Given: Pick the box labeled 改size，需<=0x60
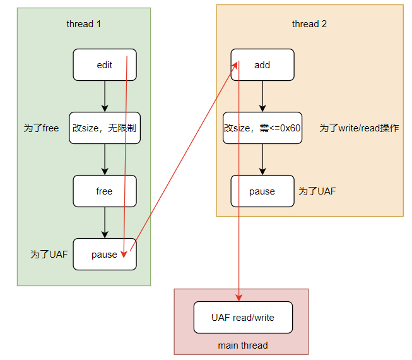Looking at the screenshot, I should [262, 128].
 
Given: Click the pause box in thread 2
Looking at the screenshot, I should [262, 191].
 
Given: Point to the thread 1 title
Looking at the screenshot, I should [84, 24].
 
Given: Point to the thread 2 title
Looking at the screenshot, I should [309, 24].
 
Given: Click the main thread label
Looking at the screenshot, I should [243, 345].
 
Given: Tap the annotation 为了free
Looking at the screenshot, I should [41, 128].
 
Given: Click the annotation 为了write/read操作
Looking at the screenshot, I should [358, 128].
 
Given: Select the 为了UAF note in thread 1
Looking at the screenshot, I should [49, 255].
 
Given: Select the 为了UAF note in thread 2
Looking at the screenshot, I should [317, 191].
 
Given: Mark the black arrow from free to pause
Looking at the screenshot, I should [105, 223].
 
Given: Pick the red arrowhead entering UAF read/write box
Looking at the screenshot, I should [239, 297].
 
